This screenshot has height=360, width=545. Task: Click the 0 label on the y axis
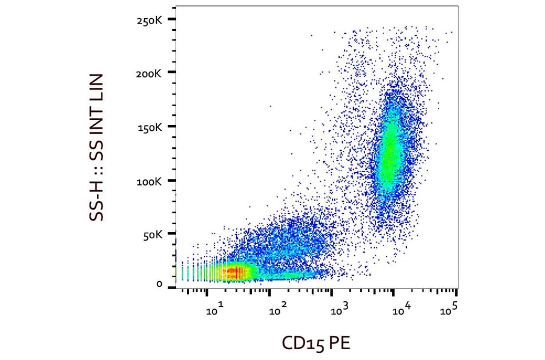[x=159, y=284]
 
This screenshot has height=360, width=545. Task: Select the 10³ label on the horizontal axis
[x=340, y=310]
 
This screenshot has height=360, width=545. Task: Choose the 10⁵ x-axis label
[x=449, y=310]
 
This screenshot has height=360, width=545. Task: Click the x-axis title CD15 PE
[x=315, y=343]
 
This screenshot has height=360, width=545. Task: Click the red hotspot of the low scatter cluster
[x=236, y=272]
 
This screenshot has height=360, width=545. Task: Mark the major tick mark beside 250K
[x=172, y=19]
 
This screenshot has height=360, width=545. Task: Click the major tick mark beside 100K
[x=172, y=181]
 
